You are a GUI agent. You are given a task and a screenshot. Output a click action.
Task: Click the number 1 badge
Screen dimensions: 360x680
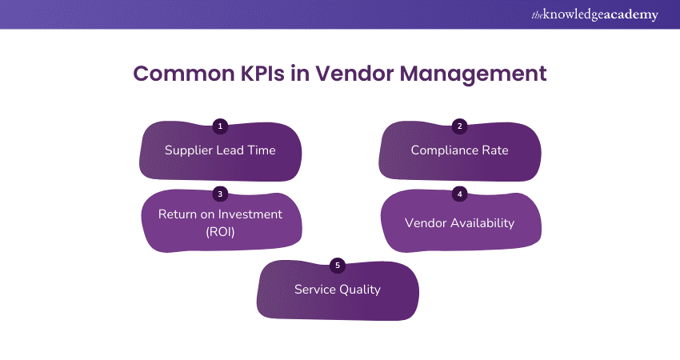pyautogui.click(x=221, y=126)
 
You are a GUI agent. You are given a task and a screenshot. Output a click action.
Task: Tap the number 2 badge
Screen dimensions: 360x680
pyautogui.click(x=459, y=126)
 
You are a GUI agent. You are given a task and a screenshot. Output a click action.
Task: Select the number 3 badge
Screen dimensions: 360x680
pyautogui.click(x=221, y=194)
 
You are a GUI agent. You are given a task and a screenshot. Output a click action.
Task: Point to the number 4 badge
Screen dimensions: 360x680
pyautogui.click(x=459, y=194)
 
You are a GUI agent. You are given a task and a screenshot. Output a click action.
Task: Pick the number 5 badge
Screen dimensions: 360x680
pyautogui.click(x=337, y=265)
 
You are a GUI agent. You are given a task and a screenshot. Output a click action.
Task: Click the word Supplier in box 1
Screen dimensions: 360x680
pyautogui.click(x=190, y=150)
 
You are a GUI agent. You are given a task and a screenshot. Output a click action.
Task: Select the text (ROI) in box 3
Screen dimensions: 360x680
pyautogui.click(x=221, y=230)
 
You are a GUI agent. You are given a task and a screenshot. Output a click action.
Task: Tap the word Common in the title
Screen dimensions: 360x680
pyautogui.click(x=180, y=74)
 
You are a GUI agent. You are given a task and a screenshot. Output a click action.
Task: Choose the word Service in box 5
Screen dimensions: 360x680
pyautogui.click(x=314, y=290)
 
